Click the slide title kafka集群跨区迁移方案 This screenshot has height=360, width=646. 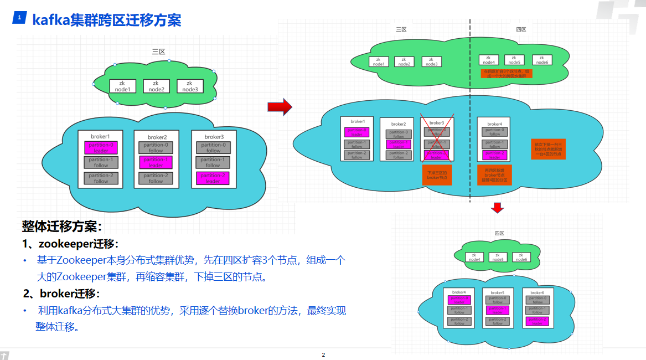107,20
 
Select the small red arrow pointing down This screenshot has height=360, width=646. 498,207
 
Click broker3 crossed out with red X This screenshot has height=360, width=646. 437,139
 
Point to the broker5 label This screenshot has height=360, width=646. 497,292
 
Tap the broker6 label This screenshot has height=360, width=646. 536,292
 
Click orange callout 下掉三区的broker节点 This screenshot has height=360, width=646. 437,174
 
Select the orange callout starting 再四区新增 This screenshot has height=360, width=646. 494,174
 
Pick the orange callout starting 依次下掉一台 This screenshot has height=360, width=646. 548,150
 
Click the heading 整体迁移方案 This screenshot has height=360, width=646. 62,226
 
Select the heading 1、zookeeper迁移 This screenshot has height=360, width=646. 70,244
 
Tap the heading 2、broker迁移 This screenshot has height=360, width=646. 61,294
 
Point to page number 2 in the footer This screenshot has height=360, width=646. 323,354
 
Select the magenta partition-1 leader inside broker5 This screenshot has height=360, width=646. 498,310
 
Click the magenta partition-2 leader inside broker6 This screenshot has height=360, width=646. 537,321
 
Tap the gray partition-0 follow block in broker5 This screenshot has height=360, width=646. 498,300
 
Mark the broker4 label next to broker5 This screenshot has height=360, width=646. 459,292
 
